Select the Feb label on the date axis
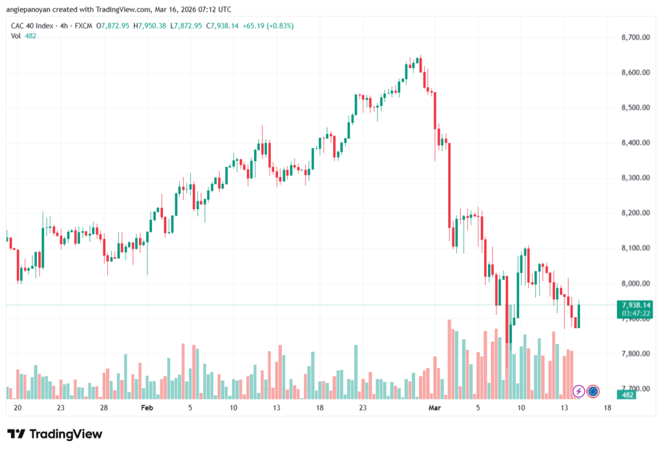coord(147,408)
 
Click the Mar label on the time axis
coord(434,408)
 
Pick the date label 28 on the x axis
coord(103,408)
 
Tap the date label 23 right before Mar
coord(363,408)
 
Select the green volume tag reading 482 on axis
coord(627,394)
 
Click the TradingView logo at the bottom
coord(54,434)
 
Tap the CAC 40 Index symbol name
coord(32,26)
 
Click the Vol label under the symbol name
coord(16,36)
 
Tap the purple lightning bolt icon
coord(579,391)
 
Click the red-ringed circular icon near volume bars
coord(593,391)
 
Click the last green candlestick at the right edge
coord(579,316)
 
